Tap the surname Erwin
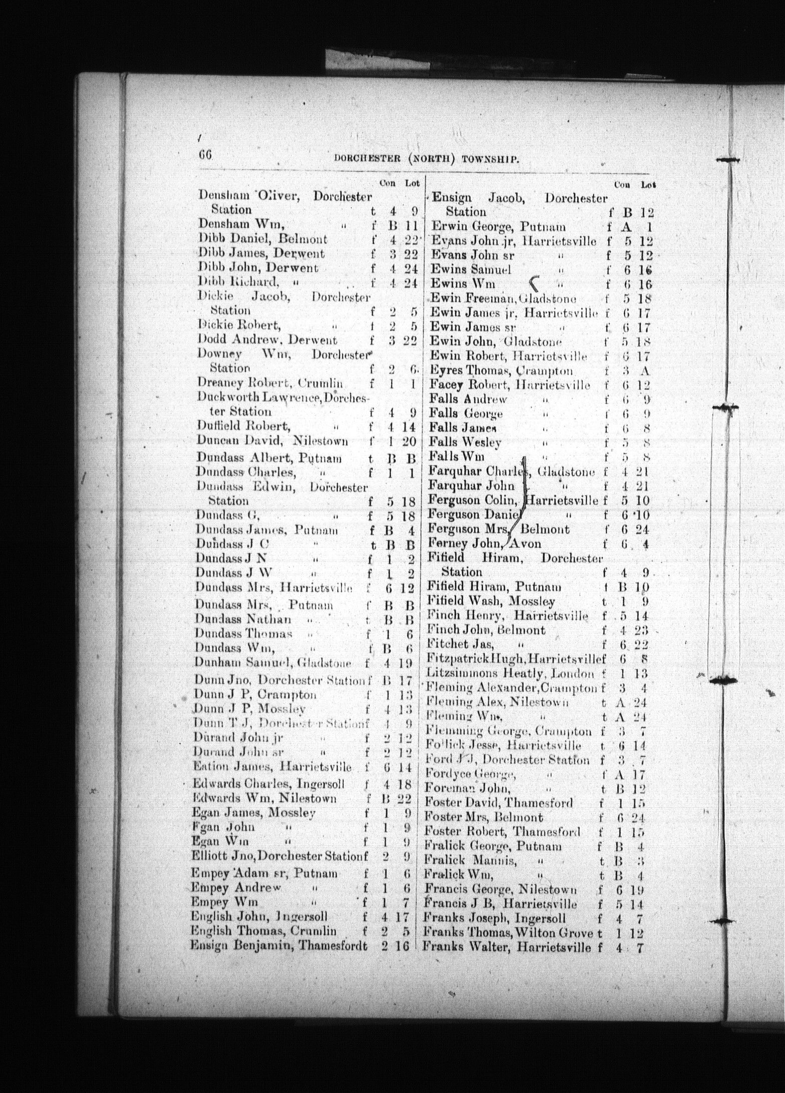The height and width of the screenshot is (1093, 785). point(446,226)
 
